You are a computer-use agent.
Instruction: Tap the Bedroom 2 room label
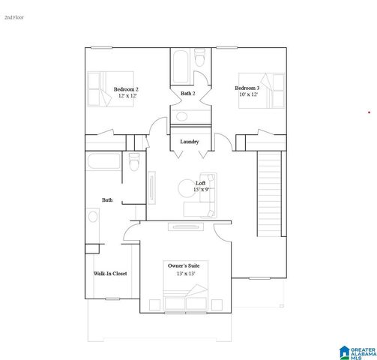[126, 89]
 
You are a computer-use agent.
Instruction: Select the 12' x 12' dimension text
[126, 96]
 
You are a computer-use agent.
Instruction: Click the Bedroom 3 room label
[248, 88]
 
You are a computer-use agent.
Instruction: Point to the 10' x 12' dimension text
[248, 94]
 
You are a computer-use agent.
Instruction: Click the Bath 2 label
[188, 93]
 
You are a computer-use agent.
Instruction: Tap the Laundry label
[189, 141]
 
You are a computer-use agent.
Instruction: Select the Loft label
[200, 183]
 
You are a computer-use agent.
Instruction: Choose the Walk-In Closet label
[110, 274]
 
